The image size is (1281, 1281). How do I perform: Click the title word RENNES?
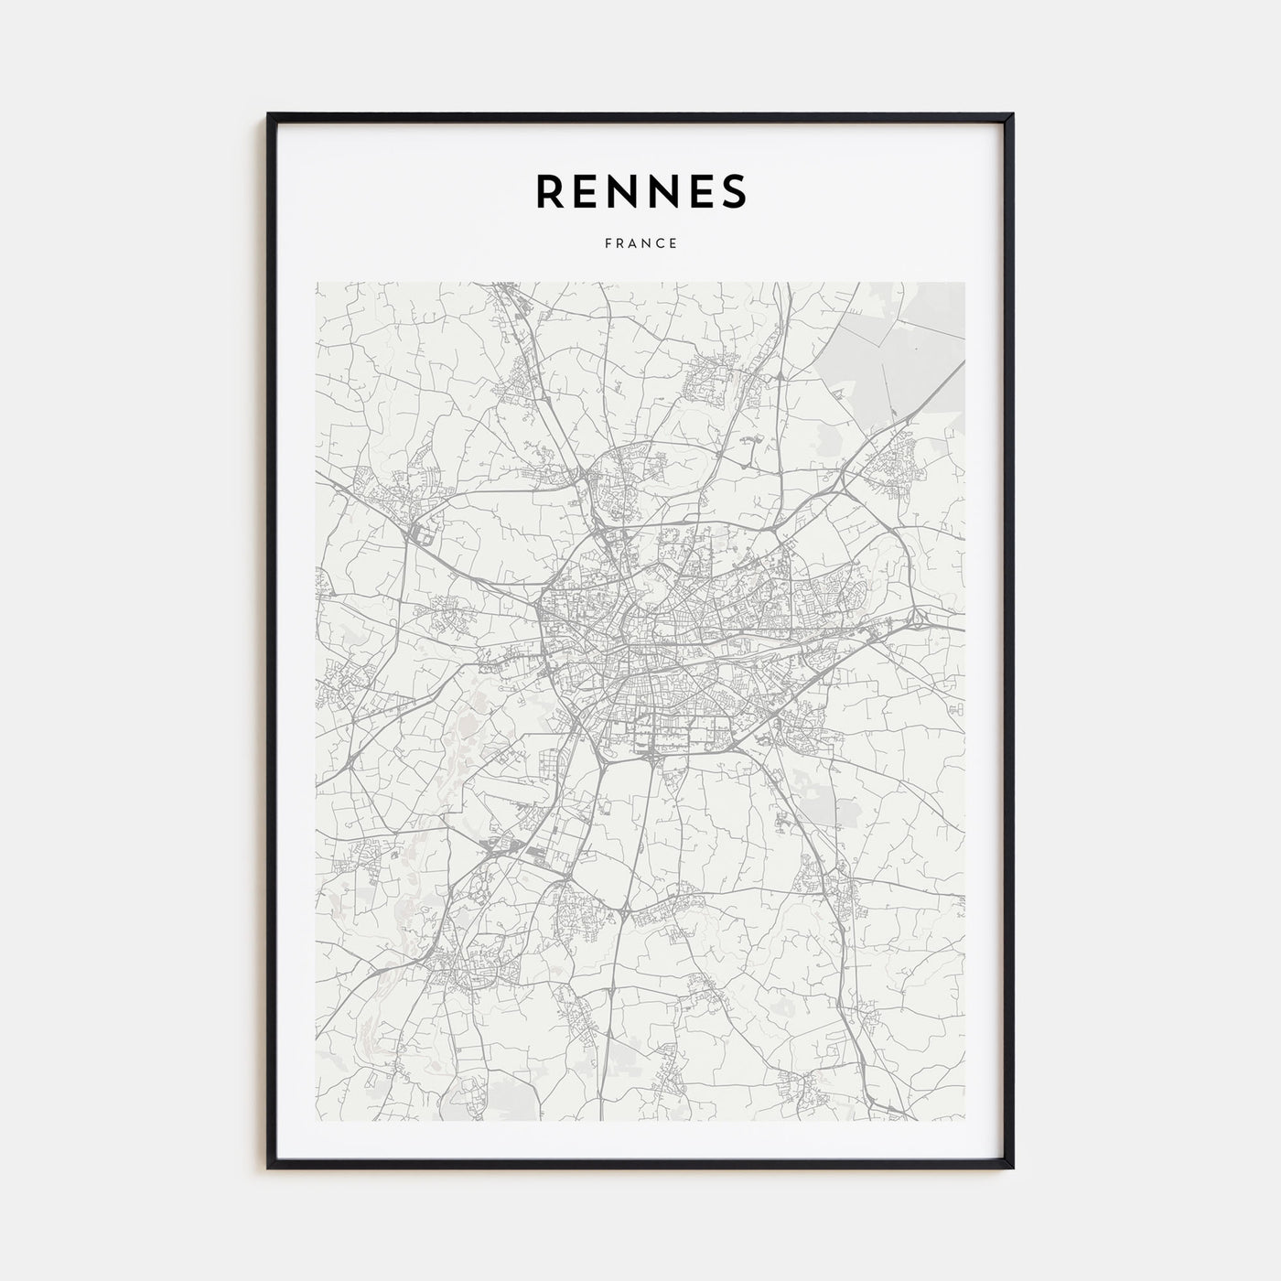(640, 190)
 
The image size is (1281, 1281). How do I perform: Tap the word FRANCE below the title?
(640, 244)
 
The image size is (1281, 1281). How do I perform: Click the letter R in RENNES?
(551, 190)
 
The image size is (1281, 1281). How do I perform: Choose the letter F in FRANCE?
(607, 244)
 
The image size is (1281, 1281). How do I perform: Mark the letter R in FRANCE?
(619, 244)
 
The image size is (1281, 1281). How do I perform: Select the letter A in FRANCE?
(633, 244)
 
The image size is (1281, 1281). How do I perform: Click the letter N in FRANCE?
(647, 244)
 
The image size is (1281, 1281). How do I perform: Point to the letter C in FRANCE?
(661, 244)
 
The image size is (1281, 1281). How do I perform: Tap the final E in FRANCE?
(673, 244)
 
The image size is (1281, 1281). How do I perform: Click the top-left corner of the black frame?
(270, 115)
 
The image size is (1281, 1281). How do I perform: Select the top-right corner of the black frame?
(1011, 115)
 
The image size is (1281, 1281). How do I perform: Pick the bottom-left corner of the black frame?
(270, 1167)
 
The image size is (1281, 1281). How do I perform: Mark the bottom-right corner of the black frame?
(1011, 1167)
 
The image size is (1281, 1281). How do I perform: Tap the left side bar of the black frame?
(271, 640)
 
